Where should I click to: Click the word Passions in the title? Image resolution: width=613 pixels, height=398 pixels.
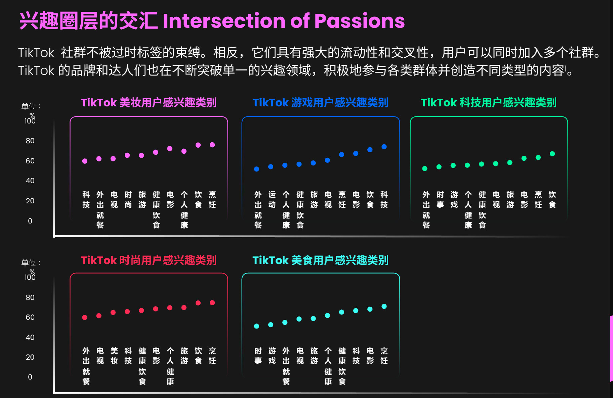tap(359, 21)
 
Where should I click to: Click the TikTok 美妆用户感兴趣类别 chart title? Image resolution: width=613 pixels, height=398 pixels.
tap(149, 103)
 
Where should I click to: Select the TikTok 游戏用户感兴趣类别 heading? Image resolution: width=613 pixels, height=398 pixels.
tap(320, 103)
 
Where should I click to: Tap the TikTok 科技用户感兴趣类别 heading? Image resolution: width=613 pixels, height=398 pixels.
tap(489, 103)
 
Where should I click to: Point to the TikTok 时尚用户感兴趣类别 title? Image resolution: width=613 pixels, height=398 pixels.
tap(149, 260)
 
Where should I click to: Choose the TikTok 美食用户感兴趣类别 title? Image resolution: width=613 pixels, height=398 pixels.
tap(320, 260)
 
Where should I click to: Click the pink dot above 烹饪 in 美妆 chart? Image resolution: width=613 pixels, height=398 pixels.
tap(212, 145)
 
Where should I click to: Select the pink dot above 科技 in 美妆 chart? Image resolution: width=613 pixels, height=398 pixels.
tap(85, 161)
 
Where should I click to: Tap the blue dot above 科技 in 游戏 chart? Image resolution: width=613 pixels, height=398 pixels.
tap(384, 147)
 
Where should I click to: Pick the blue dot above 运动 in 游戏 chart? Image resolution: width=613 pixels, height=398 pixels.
tap(271, 167)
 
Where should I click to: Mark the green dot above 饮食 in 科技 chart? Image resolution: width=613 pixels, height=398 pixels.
tap(552, 154)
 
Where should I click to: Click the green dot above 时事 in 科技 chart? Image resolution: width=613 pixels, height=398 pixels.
tap(439, 167)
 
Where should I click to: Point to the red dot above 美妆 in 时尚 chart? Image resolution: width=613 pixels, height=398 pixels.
tap(113, 312)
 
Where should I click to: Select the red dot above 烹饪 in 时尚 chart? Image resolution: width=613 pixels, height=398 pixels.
tap(212, 303)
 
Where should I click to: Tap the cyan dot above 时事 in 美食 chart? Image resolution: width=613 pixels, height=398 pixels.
tap(256, 326)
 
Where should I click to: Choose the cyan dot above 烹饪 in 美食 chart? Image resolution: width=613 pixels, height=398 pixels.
tap(384, 306)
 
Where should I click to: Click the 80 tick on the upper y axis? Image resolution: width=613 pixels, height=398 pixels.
tap(30, 141)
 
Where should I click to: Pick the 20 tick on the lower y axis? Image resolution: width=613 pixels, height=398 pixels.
tap(30, 357)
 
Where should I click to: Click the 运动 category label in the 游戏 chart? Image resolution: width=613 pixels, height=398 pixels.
tap(272, 200)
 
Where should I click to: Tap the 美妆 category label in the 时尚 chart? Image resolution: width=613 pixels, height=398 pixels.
tap(114, 356)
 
